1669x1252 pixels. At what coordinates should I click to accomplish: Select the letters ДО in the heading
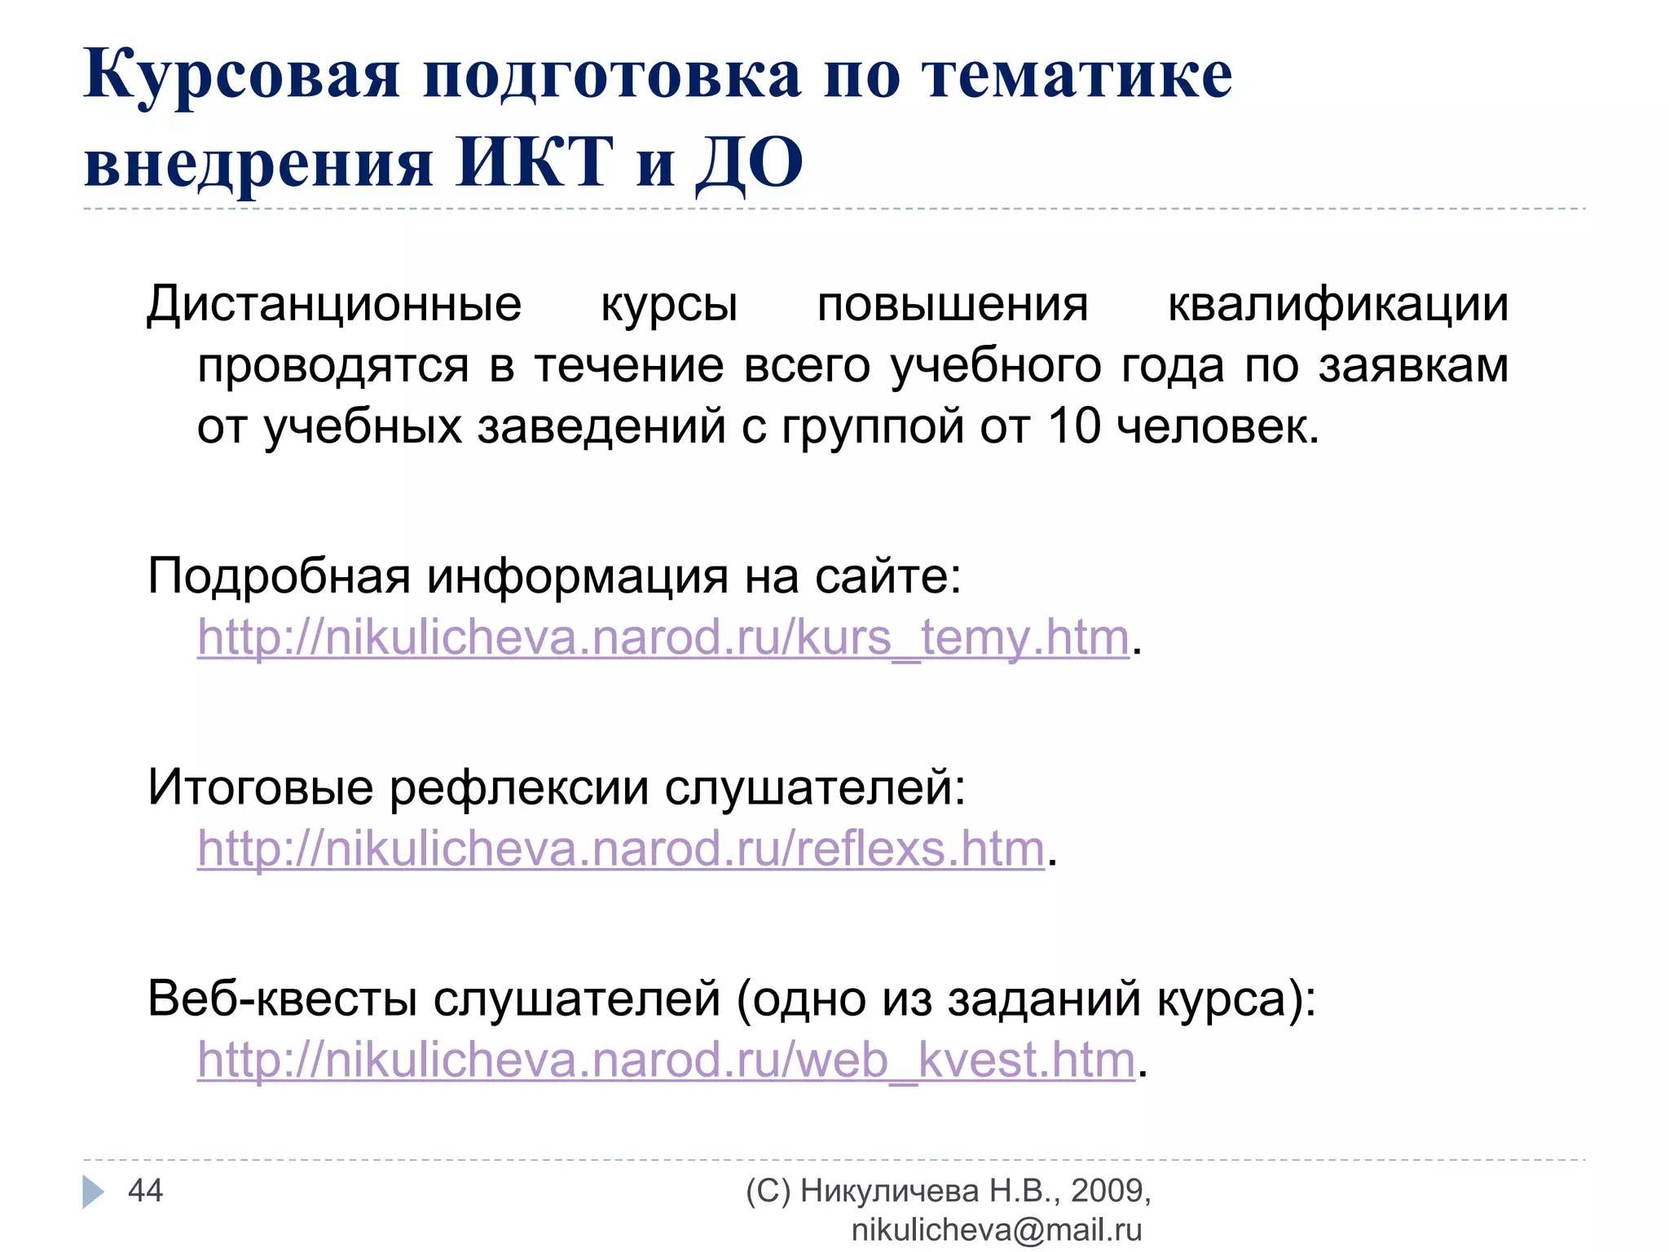click(750, 163)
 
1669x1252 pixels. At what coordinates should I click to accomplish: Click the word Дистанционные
click(334, 305)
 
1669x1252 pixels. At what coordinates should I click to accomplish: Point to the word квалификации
click(1337, 305)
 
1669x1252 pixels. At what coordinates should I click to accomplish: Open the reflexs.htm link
click(621, 849)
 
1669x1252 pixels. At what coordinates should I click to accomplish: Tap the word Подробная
click(279, 576)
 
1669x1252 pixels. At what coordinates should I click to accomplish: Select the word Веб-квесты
click(282, 999)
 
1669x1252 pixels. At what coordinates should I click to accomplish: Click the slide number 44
click(145, 1191)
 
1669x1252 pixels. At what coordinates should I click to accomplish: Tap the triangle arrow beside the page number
click(93, 1192)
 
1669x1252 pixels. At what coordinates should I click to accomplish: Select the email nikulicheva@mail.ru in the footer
click(996, 1229)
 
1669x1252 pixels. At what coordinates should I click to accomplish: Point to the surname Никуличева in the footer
click(889, 1191)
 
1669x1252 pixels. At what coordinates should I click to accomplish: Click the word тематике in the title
click(1077, 75)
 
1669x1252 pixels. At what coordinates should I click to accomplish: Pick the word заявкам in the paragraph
click(1413, 365)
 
